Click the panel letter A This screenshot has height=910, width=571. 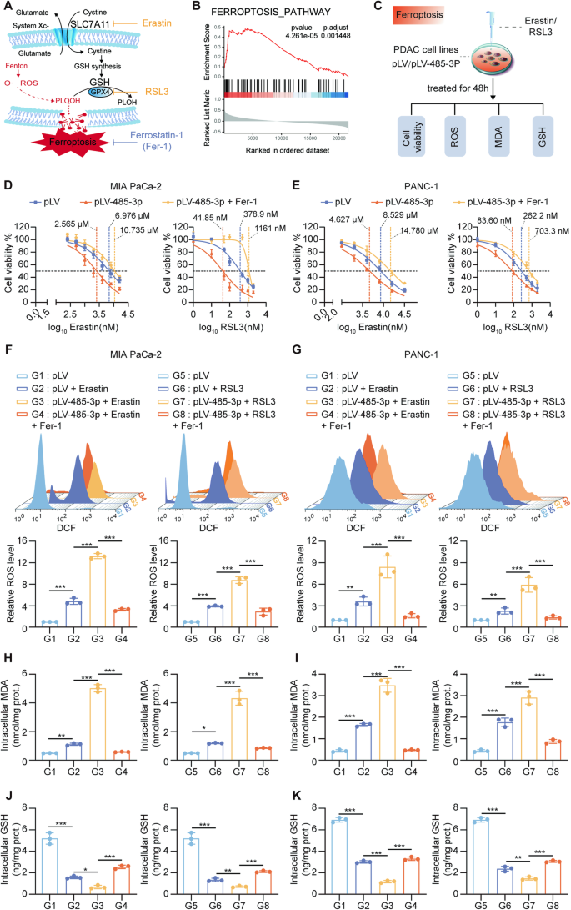pyautogui.click(x=8, y=8)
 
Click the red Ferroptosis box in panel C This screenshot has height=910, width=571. pyautogui.click(x=346, y=14)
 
